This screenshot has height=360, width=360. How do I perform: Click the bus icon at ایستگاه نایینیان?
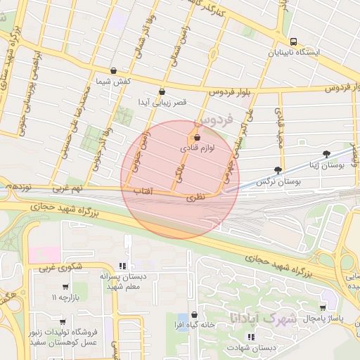[x=293, y=41]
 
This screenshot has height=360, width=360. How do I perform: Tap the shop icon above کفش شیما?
[x=114, y=70]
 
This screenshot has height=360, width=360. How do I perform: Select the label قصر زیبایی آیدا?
[x=162, y=103]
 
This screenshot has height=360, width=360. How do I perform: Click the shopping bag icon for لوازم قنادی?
[x=196, y=137]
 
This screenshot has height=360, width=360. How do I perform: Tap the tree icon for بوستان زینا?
[x=326, y=154]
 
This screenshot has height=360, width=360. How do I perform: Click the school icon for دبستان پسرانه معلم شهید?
[x=123, y=266]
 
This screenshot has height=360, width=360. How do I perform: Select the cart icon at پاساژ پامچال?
[x=323, y=307]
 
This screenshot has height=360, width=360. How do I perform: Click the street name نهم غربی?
[x=67, y=189]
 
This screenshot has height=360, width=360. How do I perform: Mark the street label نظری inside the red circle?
[x=195, y=199]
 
